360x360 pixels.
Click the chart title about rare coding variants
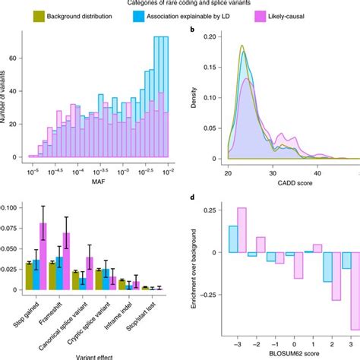coord(180,4)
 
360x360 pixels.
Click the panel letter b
coord(201,31)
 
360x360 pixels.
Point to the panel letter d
coord(201,200)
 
